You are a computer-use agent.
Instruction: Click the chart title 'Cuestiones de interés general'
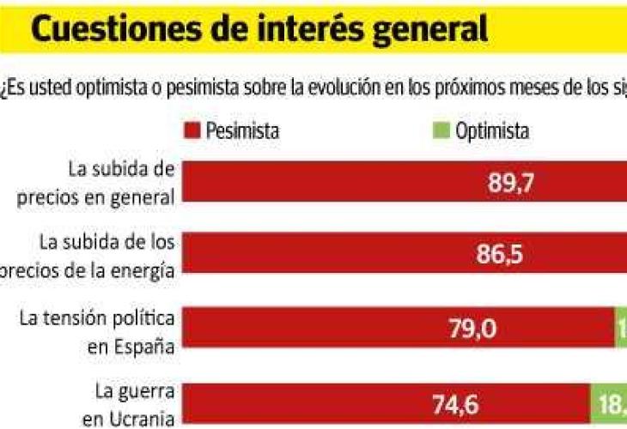coord(259,29)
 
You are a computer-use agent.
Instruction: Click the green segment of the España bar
coord(620,329)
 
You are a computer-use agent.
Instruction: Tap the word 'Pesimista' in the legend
coord(244,131)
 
